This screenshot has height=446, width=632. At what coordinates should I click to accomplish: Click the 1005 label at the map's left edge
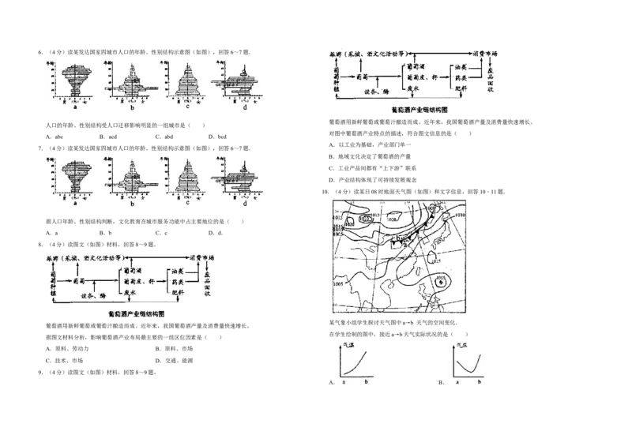pyautogui.click(x=338, y=283)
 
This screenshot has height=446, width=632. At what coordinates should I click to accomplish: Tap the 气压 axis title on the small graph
pyautogui.click(x=462, y=346)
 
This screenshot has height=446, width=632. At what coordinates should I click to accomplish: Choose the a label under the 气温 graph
pyautogui.click(x=344, y=381)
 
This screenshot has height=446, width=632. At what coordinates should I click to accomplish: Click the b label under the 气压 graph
pyautogui.click(x=480, y=381)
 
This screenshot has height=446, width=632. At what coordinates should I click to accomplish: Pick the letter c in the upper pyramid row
pyautogui.click(x=187, y=107)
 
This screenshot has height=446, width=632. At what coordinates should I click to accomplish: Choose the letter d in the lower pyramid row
pyautogui.click(x=245, y=203)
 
